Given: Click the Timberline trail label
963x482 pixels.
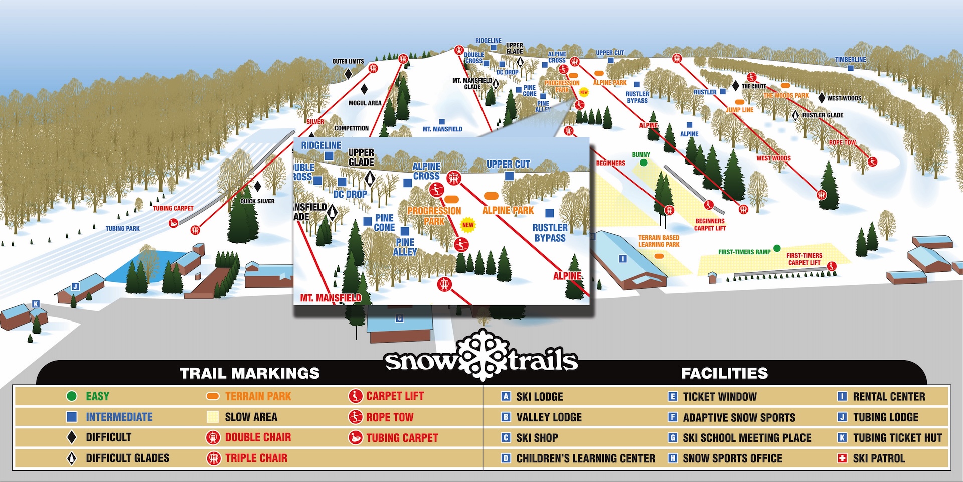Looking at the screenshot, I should (850, 60).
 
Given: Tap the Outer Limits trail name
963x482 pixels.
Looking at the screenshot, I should (348, 62).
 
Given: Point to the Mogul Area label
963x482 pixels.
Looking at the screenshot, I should (365, 103).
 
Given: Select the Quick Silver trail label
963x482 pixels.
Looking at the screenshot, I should (257, 201).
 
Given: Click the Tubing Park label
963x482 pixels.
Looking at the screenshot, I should (122, 229).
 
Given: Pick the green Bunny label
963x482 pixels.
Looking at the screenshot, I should (641, 155).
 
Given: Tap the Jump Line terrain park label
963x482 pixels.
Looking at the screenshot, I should (740, 110).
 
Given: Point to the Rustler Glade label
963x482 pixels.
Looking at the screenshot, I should (823, 115).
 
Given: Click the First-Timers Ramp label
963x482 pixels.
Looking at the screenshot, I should (744, 252).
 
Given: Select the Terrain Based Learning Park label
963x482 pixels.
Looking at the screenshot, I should (659, 241).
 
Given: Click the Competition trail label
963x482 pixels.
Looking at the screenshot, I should (351, 128).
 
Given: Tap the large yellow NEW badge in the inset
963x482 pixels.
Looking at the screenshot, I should (468, 225).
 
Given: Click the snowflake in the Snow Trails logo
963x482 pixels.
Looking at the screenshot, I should (482, 355).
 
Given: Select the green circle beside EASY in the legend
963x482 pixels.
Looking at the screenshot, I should (72, 396).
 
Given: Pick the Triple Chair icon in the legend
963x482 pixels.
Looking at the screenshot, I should (214, 458).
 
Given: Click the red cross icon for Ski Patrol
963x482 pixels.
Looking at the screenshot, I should (842, 458).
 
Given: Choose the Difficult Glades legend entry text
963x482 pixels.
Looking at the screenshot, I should (127, 458).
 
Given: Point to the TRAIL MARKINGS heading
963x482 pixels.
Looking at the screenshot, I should (249, 373).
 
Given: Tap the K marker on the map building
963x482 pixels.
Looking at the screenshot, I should (36, 304).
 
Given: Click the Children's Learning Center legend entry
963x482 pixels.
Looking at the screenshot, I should (585, 458).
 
